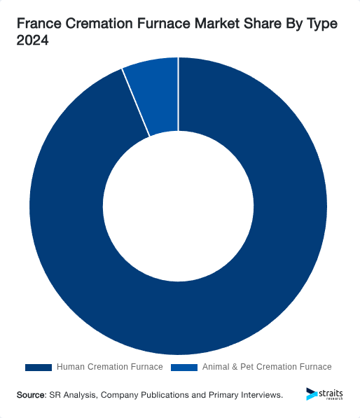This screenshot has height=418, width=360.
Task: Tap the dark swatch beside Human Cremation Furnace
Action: point(38,367)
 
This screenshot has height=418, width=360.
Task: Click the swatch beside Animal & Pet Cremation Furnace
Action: point(184,367)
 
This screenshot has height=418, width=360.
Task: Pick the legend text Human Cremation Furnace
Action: point(109,367)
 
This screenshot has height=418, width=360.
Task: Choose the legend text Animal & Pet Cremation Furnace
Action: point(266,367)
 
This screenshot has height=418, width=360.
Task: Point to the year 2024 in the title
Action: point(32,41)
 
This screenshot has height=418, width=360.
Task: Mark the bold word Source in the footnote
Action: point(31,395)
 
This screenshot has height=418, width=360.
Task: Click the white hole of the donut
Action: point(178,207)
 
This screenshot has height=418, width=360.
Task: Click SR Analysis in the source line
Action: point(74,395)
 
